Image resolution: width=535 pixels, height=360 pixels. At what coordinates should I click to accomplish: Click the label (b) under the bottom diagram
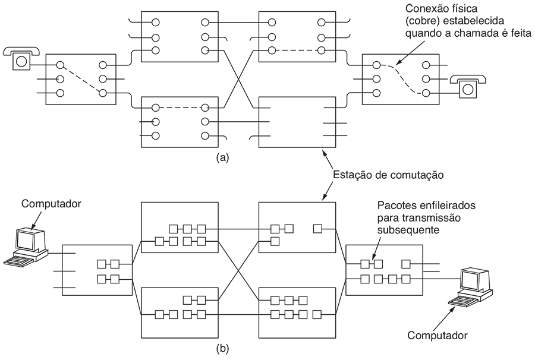[x=222, y=347]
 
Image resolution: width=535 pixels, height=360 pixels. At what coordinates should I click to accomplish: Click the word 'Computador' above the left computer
[x=51, y=204]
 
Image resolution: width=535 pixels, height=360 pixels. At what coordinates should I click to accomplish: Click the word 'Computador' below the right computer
[x=437, y=335]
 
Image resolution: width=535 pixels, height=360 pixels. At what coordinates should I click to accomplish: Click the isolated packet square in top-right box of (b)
[x=317, y=228]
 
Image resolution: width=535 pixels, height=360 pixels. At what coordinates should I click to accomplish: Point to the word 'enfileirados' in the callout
[x=443, y=206]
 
